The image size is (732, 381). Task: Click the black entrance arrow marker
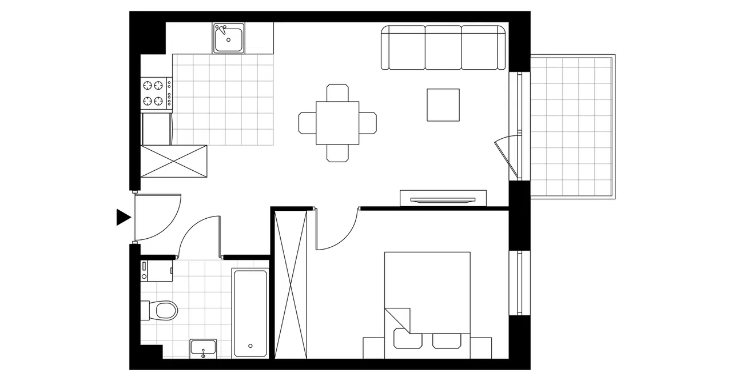click(x=123, y=217)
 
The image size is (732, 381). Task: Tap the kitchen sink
click(x=229, y=38)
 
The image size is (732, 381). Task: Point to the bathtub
click(x=250, y=313)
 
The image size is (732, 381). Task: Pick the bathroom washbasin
click(x=204, y=348)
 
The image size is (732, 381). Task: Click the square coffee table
click(x=443, y=105)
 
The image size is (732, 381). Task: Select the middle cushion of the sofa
click(x=443, y=47)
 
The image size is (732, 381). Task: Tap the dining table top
click(x=337, y=123)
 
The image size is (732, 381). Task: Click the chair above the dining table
click(x=337, y=93)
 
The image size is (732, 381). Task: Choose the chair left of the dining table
click(x=307, y=123)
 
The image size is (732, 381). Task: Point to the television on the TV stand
click(x=443, y=200)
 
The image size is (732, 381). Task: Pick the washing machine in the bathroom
click(x=156, y=271)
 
